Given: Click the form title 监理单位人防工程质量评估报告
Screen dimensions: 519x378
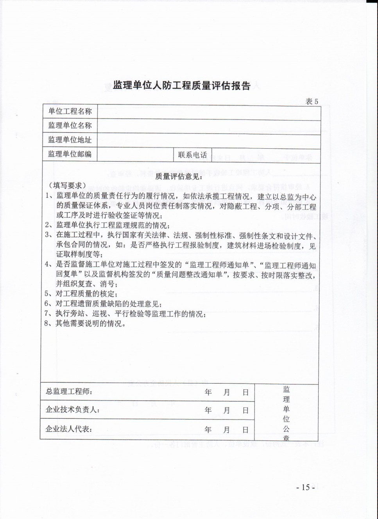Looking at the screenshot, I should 181,86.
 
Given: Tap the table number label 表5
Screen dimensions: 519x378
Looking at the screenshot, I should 312,101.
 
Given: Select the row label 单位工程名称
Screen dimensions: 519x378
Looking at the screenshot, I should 70,112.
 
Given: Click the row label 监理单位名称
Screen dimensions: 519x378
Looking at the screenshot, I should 70,126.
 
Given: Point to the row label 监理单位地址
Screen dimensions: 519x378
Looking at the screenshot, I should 70,140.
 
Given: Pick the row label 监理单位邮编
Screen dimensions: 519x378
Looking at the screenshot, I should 70,154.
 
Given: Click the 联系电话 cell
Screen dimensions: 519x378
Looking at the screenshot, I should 192,155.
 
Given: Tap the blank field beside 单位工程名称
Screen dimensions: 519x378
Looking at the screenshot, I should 209,112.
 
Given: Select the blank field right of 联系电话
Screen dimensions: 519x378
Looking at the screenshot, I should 266,155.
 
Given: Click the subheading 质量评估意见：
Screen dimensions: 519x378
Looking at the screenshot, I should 179,176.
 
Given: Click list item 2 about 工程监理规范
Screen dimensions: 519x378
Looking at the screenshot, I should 107,226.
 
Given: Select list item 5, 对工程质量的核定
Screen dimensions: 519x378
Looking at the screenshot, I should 81,294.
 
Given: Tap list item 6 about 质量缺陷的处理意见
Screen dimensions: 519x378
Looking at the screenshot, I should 103,304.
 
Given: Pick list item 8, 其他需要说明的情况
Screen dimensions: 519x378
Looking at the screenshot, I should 85,323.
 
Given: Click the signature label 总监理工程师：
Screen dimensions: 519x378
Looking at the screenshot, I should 69,392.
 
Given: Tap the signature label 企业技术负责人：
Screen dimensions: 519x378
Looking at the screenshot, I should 73,410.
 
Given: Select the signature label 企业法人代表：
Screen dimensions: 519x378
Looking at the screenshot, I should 69,429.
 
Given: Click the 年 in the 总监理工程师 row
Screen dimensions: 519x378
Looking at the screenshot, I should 208,392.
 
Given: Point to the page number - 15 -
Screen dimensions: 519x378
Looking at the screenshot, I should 306,487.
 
